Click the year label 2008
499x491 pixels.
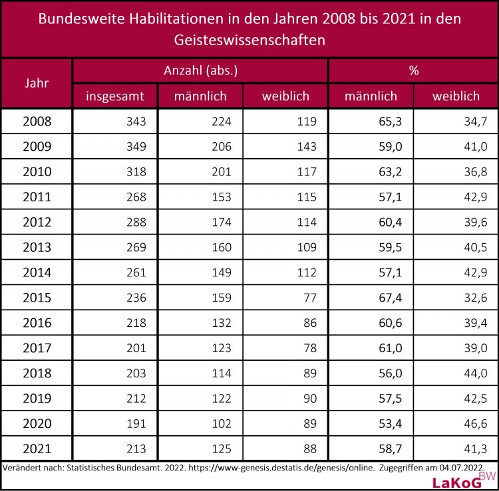(37, 122)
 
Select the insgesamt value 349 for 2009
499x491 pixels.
(135, 147)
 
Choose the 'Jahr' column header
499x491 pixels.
(37, 84)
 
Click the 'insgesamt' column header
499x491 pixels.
(114, 96)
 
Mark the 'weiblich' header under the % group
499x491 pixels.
(456, 96)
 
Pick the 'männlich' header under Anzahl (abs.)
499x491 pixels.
(200, 96)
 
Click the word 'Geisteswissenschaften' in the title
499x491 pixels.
(249, 40)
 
